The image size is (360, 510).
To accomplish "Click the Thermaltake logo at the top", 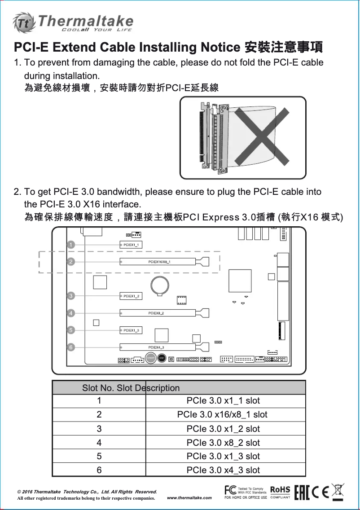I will pyautogui.click(x=74, y=22).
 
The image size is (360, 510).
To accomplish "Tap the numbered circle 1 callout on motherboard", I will pyautogui.click(x=71, y=245).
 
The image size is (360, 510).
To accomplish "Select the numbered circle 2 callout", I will pyautogui.click(x=71, y=262).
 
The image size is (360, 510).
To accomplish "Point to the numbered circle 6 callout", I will pyautogui.click(x=71, y=347).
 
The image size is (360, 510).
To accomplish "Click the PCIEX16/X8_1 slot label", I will pyautogui.click(x=159, y=261).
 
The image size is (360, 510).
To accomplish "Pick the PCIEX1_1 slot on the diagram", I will pyautogui.click(x=131, y=245).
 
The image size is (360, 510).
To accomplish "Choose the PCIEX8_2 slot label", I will pyautogui.click(x=156, y=312).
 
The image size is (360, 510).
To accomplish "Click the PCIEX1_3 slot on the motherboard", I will pyautogui.click(x=131, y=330).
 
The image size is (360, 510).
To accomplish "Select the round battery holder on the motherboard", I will pyautogui.click(x=159, y=285).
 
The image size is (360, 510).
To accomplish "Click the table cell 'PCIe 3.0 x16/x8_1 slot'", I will pyautogui.click(x=222, y=414).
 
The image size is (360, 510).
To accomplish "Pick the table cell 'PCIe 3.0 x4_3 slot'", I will pyautogui.click(x=223, y=470).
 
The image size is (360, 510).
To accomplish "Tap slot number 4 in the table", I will pyautogui.click(x=99, y=443).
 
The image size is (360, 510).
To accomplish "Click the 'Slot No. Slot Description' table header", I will pyautogui.click(x=131, y=388).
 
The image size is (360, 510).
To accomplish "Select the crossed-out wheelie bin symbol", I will pyautogui.click(x=338, y=491).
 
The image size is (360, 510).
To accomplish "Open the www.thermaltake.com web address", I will pyautogui.click(x=189, y=498).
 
